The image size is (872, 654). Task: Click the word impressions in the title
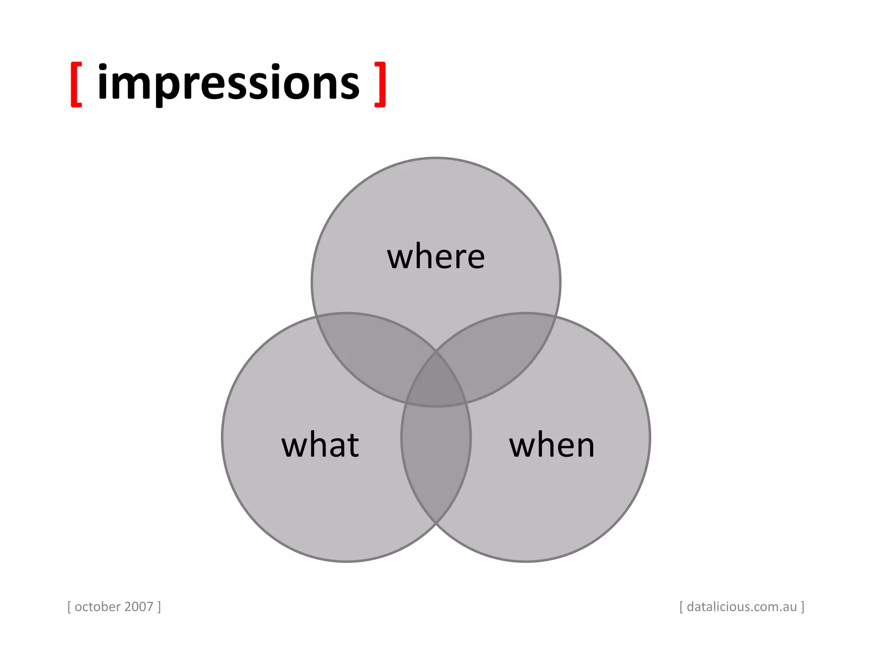[229, 83]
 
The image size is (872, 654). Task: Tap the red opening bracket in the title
[76, 84]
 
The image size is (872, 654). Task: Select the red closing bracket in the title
[380, 84]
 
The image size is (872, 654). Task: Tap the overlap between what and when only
[436, 460]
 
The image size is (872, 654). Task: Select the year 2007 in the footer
[139, 607]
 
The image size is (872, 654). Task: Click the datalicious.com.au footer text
[742, 607]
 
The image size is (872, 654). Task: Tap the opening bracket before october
[69, 607]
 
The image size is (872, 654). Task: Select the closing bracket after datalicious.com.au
[803, 607]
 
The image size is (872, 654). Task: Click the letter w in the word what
[295, 446]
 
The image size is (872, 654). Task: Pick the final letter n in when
[584, 446]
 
